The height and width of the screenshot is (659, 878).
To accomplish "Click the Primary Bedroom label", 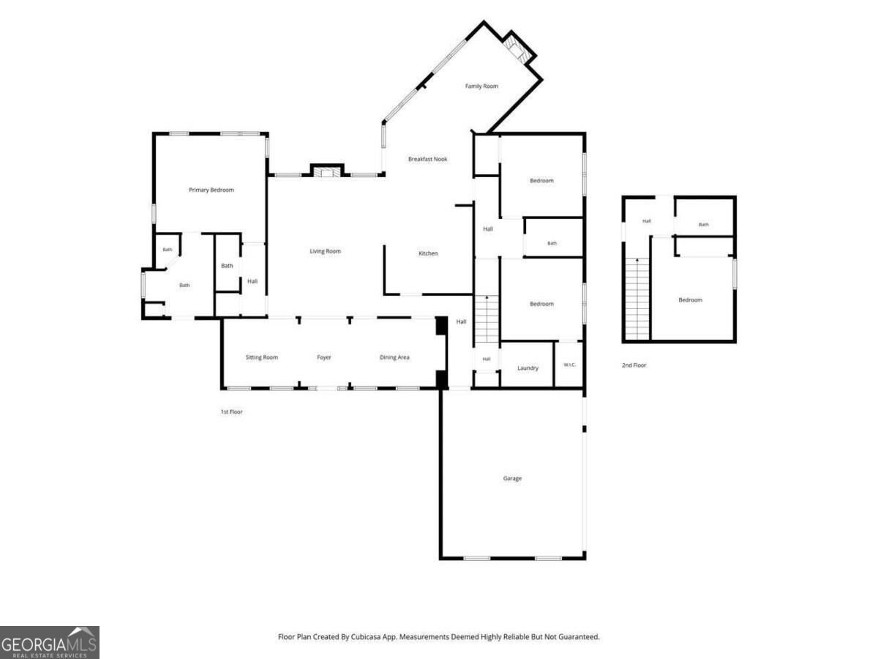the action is point(211,190).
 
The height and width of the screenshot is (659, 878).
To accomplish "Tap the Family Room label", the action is point(481,86).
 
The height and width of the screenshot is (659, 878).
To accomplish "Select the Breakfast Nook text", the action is point(427,159).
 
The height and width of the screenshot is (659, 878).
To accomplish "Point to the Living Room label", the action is point(325,251).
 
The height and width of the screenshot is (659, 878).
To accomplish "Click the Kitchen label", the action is point(428,253).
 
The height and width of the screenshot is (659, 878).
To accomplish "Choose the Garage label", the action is point(512,478).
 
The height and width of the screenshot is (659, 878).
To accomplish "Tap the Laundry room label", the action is point(528,368).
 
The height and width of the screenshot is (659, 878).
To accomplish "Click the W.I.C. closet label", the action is point(569,365).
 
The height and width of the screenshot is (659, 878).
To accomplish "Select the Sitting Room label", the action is point(262,357).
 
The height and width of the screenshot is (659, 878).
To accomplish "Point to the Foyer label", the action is point(324,357).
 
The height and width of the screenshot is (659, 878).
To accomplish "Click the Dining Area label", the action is point(394,357).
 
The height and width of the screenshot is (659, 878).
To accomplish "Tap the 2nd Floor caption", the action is point(634,365).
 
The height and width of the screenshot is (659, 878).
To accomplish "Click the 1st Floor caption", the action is point(232,412).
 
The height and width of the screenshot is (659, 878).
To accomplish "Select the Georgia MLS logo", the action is point(50,643).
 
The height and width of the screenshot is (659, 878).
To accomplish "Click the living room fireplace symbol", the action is point(327,171).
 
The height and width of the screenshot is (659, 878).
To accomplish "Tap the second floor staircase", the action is point(637,299).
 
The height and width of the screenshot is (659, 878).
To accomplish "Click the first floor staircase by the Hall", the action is point(487,319).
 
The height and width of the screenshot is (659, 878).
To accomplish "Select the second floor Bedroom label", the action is point(691,300).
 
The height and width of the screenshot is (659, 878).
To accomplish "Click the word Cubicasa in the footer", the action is point(365,637).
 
